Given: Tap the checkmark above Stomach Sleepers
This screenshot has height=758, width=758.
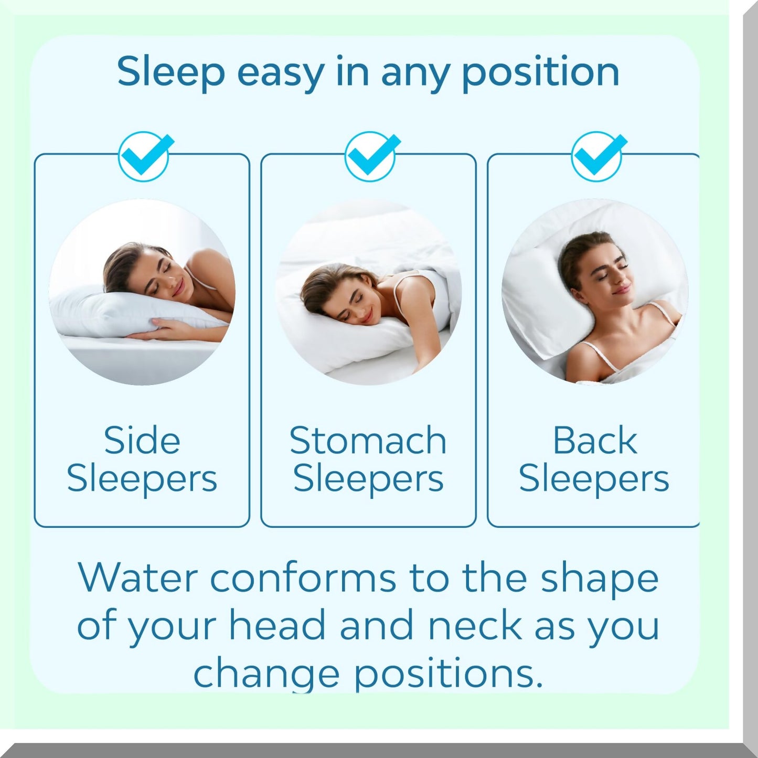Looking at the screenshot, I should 371,156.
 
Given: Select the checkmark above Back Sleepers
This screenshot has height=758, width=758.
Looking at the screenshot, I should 597,156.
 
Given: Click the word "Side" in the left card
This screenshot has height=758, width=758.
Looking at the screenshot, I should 142,440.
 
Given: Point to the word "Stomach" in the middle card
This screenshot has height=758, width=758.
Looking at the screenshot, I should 368,440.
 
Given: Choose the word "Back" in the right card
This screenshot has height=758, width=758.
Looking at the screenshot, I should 595,440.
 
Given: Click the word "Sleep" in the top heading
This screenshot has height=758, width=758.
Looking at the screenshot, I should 170,72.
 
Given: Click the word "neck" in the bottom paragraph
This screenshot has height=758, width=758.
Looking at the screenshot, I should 475,625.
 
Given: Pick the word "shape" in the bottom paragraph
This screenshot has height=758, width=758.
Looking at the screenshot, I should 600,579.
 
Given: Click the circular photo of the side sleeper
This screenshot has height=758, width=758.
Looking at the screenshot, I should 142,292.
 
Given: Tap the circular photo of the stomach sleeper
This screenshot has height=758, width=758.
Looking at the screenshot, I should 368,292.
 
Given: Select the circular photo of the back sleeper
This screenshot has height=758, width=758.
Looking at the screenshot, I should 595,292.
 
